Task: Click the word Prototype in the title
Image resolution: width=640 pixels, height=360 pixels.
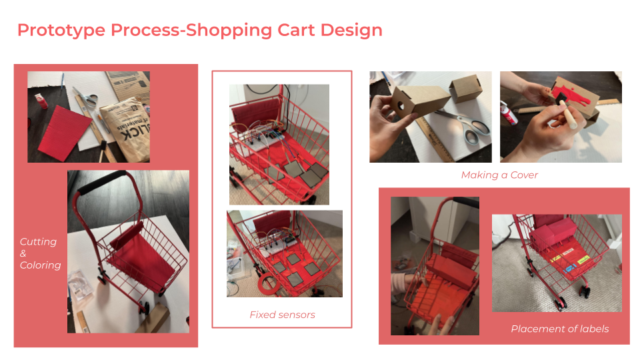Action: (x=61, y=31)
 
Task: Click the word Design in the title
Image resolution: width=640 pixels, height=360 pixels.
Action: (x=351, y=31)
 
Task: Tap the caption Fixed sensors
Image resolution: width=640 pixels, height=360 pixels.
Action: (x=282, y=315)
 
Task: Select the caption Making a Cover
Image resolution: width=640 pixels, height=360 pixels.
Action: (x=499, y=175)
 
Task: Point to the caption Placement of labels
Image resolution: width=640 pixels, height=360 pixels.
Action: (x=559, y=329)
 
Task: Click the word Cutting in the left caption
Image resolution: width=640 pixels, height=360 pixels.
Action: (x=39, y=242)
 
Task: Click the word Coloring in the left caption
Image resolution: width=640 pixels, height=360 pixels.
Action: (x=41, y=265)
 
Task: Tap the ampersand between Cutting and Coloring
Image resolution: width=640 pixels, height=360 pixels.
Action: (x=23, y=253)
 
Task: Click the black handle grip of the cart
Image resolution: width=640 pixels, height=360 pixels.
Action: (x=101, y=181)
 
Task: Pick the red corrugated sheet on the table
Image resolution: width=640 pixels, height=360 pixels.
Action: (x=65, y=132)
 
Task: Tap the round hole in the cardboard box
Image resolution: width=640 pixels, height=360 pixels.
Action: (x=401, y=106)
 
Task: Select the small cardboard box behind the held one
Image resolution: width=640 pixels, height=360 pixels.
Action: (x=466, y=88)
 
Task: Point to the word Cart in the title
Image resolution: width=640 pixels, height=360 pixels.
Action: (x=296, y=31)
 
